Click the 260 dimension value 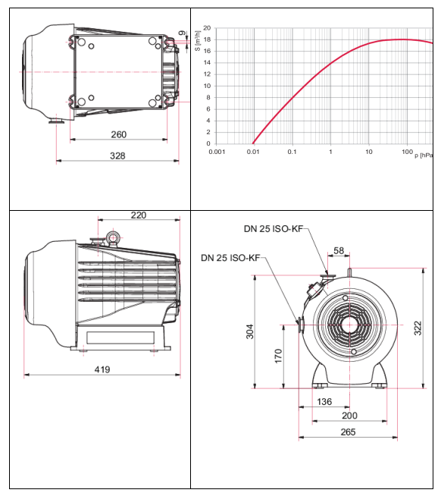(118, 134)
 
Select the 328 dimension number (117, 155)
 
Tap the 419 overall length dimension (102, 369)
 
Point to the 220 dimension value (139, 215)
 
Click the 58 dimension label (339, 250)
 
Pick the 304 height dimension (250, 331)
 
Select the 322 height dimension (418, 328)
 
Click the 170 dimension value (278, 356)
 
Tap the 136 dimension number (324, 401)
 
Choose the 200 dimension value (349, 416)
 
